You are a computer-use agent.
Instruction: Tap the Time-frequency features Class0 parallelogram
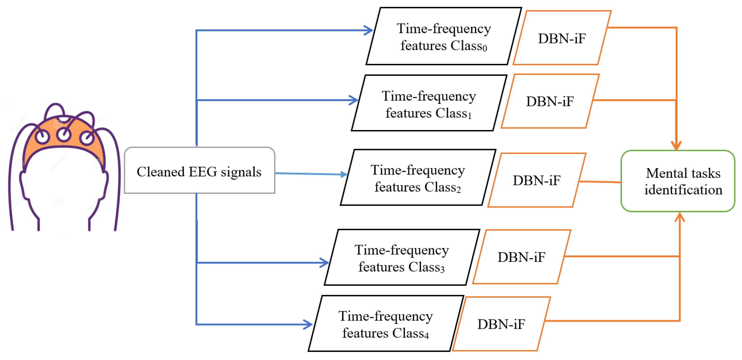(x=444, y=37)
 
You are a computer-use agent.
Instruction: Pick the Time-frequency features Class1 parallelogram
(x=429, y=104)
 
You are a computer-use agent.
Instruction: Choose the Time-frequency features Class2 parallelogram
(x=418, y=178)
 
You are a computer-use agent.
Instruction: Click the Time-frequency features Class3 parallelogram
(x=402, y=258)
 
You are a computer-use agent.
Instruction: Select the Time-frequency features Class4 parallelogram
(x=385, y=324)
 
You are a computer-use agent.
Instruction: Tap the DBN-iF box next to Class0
(x=562, y=38)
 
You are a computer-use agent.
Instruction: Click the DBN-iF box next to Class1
(x=550, y=101)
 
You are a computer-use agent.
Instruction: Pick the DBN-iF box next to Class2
(x=536, y=180)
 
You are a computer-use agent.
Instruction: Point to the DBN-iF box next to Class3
(x=521, y=257)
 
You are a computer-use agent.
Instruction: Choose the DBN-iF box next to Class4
(x=501, y=324)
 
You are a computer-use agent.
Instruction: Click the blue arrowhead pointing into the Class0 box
(x=369, y=30)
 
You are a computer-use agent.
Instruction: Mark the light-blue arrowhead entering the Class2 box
(x=344, y=174)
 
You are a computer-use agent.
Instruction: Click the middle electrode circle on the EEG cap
(x=64, y=134)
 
